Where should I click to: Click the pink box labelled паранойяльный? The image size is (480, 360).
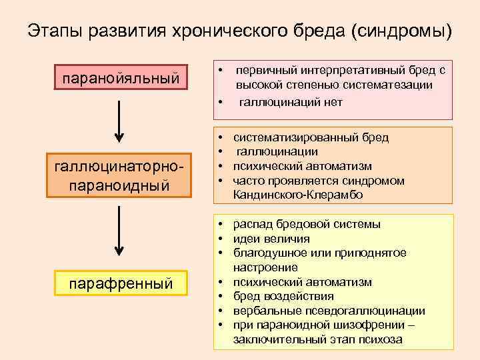[120, 79]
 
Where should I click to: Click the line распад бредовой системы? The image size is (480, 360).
[307, 224]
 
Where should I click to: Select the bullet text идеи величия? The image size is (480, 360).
[271, 239]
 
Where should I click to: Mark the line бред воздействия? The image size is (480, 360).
[283, 296]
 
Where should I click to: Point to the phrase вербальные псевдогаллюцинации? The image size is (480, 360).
[329, 311]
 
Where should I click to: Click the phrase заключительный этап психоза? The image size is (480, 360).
[318, 339]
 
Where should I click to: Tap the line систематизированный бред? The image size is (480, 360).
[311, 137]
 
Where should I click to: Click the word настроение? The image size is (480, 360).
[265, 267]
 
